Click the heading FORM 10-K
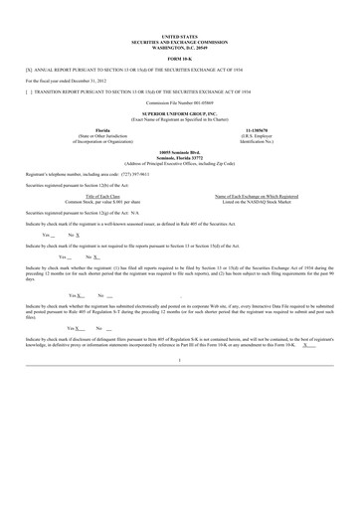[x=180, y=60]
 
